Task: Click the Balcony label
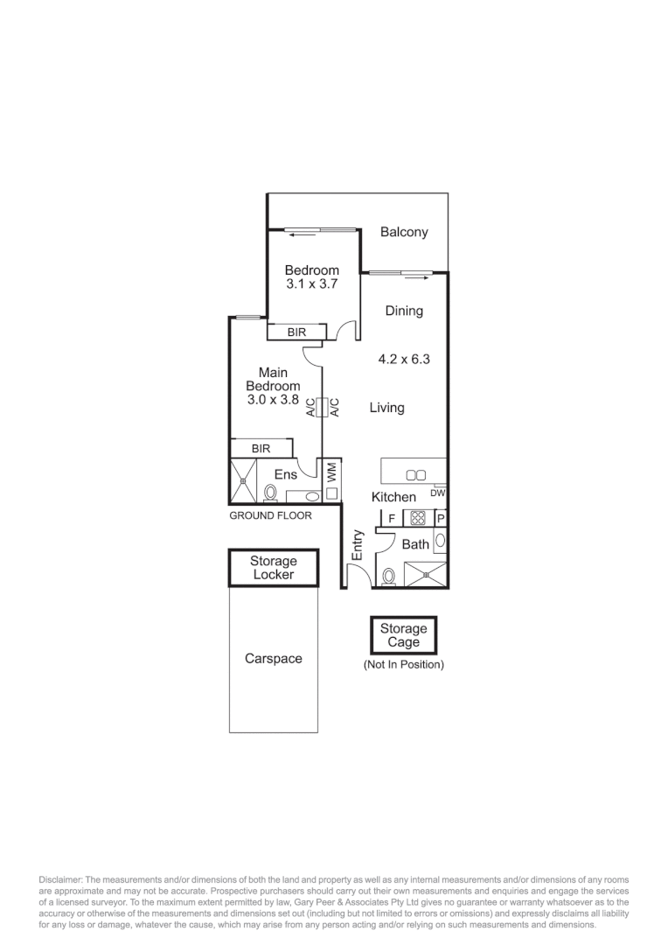[404, 232]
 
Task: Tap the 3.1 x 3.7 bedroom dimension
[311, 284]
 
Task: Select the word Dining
[404, 311]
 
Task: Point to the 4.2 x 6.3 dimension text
[404, 359]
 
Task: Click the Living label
[386, 407]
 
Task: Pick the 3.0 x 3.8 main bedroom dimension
[273, 400]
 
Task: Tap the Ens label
[286, 474]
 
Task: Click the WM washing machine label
[332, 472]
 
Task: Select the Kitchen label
[393, 497]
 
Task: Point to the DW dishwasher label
[438, 493]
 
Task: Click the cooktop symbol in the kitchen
[417, 518]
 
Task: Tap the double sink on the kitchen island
[416, 475]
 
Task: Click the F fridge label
[392, 519]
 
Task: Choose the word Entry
[357, 545]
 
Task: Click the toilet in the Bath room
[389, 576]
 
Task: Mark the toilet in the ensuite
[270, 494]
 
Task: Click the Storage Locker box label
[273, 568]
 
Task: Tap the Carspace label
[273, 659]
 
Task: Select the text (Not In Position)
[404, 665]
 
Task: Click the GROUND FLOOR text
[270, 515]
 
